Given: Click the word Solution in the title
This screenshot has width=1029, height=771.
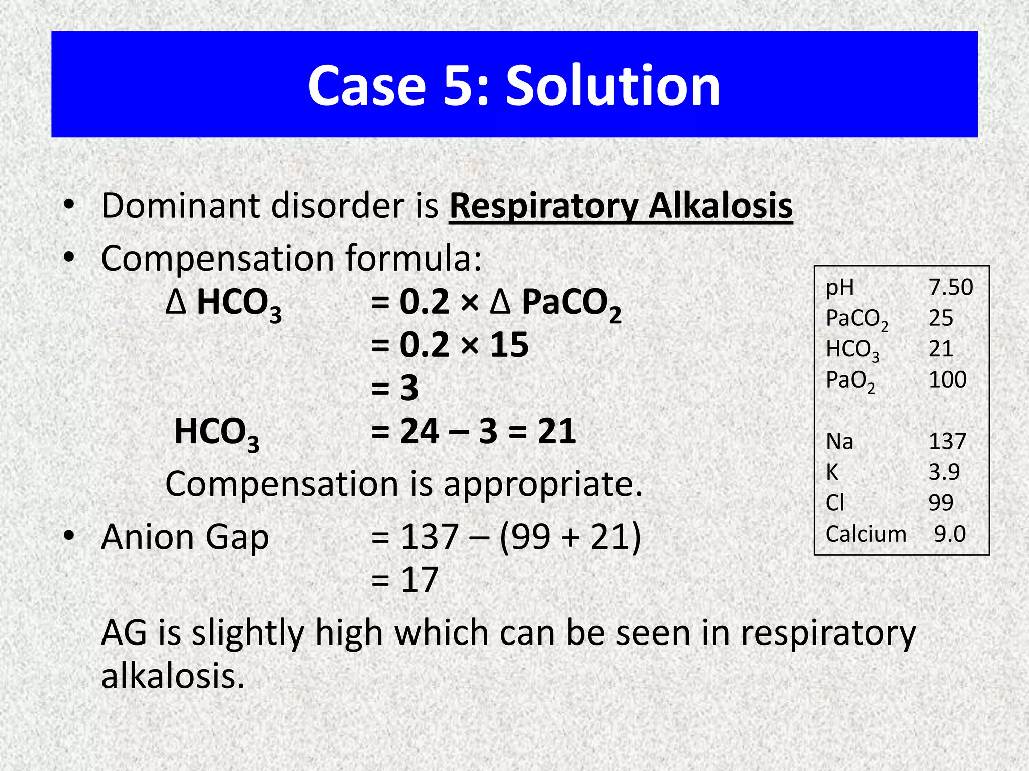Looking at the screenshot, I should [613, 86].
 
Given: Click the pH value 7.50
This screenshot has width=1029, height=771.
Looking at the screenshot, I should [950, 287].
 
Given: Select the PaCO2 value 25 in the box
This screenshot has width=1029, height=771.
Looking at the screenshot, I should [941, 318].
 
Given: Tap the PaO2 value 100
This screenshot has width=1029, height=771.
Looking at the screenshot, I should [947, 379].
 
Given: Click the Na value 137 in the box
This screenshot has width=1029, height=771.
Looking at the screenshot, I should [947, 441].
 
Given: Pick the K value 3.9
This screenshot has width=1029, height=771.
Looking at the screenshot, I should [944, 472].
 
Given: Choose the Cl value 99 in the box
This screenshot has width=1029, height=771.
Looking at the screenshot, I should [941, 502].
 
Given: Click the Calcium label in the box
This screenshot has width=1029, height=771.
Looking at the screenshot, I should [866, 534].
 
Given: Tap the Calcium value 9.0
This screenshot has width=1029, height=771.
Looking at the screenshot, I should [950, 534].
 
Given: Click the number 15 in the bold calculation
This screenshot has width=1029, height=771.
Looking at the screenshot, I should [509, 345].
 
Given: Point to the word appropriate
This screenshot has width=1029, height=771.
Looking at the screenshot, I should [543, 485].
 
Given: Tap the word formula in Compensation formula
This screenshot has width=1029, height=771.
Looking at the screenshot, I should [413, 259].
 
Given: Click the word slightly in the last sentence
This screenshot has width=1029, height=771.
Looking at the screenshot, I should [248, 633].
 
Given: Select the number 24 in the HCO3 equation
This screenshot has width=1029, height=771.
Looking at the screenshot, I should [420, 431].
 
